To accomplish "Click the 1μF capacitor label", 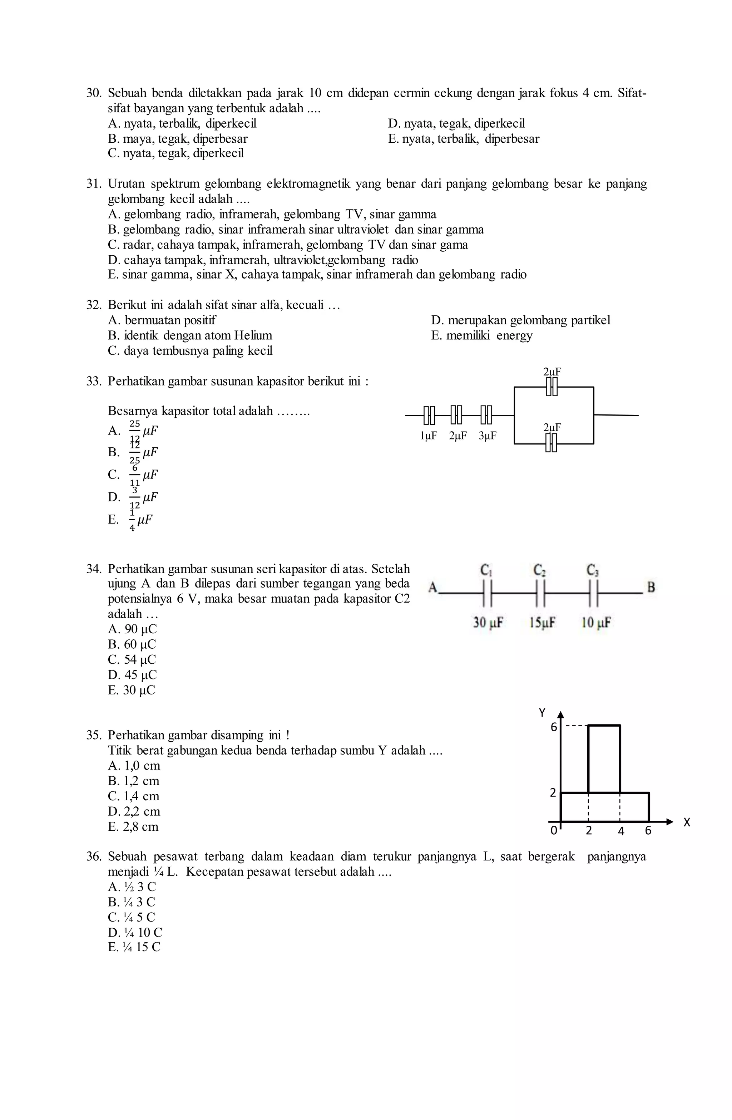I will pos(428,436).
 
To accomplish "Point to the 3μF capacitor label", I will pos(488,436).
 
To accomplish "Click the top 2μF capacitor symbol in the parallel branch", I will pos(552,387).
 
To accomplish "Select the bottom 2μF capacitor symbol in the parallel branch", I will pos(552,443).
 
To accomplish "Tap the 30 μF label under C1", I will pos(488,623).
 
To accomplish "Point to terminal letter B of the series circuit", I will pos(651,587).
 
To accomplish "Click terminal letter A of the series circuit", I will pos(433,587).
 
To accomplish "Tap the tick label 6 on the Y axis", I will pos(554,727).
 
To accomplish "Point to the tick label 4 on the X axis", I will pos(621,831).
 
